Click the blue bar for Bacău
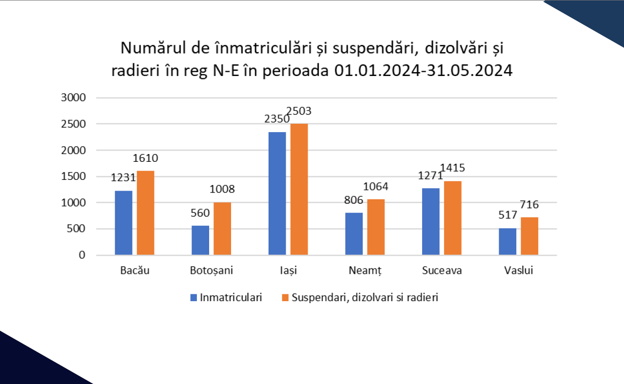point(123,223)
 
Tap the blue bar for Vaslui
point(507,242)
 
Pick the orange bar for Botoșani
point(222,229)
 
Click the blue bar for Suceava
point(431,222)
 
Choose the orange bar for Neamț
point(376,227)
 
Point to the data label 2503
point(299,112)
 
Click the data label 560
point(200,213)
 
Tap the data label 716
point(529,205)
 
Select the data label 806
point(354,200)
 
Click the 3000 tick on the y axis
point(73,97)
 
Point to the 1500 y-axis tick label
point(73,176)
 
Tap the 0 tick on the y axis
point(81,255)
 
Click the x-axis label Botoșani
point(212,271)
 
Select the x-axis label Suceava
point(442,271)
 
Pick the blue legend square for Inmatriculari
point(194,297)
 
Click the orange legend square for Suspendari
point(285,297)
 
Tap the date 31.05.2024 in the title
point(469,71)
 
